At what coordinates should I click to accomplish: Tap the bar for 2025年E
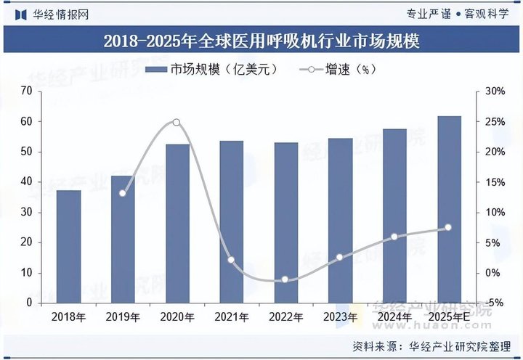point(448,210)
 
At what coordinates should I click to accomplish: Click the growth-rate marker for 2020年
point(176,123)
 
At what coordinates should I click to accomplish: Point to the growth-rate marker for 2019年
point(122,193)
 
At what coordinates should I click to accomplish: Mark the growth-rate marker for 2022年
point(285,279)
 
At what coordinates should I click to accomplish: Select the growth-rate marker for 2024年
point(394,237)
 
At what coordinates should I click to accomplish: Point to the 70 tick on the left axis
point(28,91)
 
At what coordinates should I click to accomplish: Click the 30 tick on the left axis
point(28,212)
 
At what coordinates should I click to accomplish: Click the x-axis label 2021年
point(231,317)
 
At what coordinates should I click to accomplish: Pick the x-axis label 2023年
point(339,317)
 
